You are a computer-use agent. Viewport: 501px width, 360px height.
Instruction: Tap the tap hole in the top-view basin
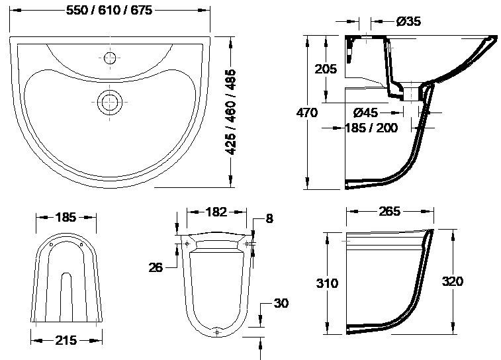110,56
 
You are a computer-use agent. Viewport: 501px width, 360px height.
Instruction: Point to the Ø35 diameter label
408,22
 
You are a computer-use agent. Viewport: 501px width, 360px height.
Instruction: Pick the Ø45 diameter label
365,112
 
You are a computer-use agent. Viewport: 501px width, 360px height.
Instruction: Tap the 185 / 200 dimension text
371,127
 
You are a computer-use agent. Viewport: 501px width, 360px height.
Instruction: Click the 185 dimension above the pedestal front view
66,216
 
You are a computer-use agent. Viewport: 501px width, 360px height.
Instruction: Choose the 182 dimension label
216,212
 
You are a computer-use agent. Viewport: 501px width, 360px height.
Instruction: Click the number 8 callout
269,218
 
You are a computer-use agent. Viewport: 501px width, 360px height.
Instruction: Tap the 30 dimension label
281,304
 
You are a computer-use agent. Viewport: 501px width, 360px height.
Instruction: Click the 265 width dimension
390,212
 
